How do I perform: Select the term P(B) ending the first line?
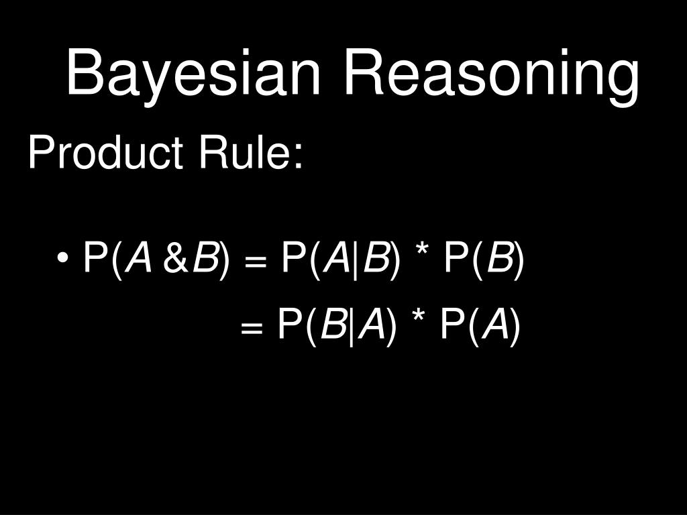(x=482, y=259)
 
